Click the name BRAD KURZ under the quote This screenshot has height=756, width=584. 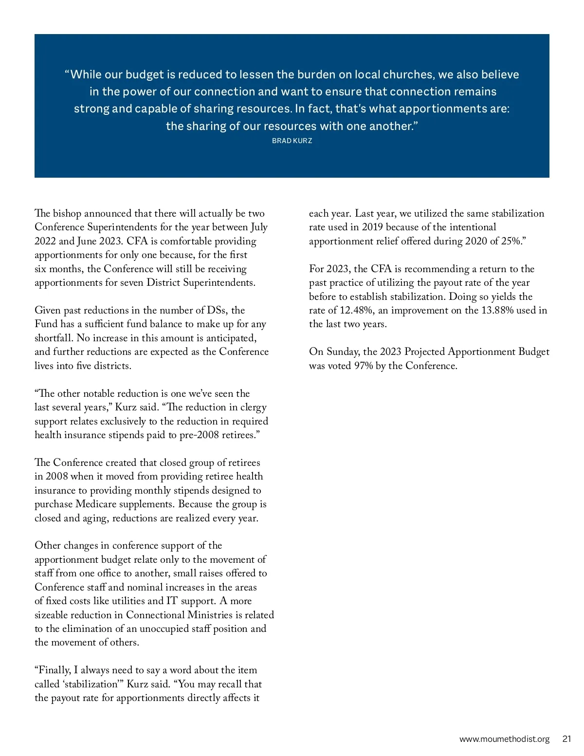(292, 141)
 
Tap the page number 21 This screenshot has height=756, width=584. (566, 739)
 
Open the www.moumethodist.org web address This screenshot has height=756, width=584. (504, 739)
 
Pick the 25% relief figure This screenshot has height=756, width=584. (511, 241)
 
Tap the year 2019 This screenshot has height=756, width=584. (372, 227)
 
